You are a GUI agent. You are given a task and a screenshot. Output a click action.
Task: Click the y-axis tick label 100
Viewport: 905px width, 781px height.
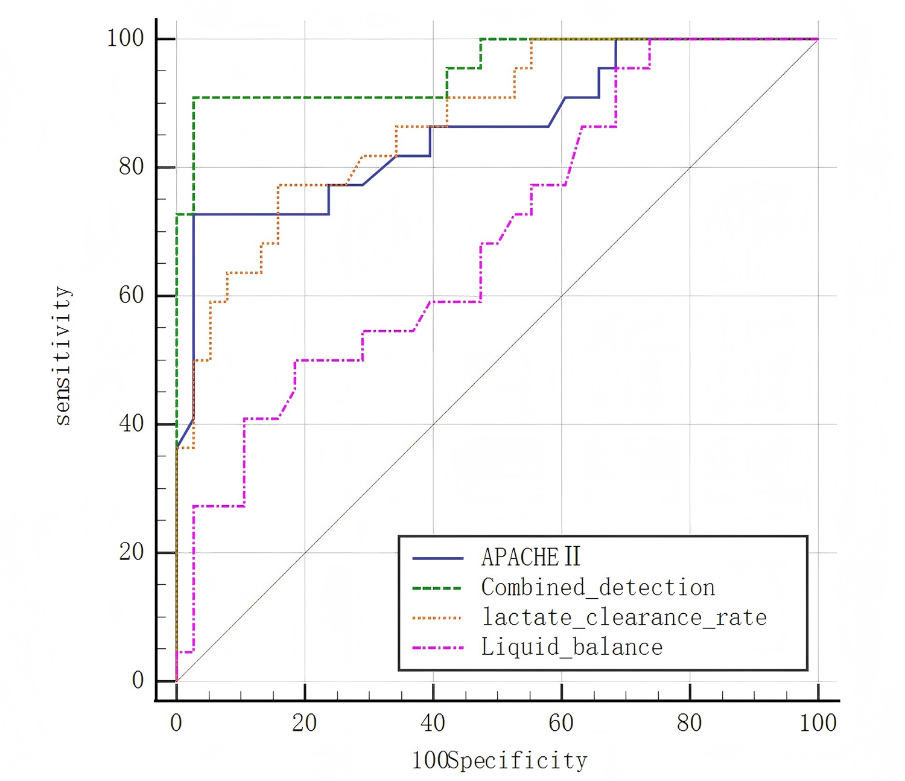pos(125,39)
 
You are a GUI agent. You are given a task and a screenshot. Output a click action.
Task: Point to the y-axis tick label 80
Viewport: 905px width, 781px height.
pos(132,167)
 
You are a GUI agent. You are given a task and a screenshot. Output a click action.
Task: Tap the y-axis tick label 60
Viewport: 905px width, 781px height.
pos(132,295)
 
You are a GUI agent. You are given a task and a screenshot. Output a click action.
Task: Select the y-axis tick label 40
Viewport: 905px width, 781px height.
pos(132,424)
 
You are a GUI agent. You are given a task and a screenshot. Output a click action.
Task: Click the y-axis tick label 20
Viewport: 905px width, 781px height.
pos(132,552)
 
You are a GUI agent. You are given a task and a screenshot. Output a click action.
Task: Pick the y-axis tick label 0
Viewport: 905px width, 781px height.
pos(138,680)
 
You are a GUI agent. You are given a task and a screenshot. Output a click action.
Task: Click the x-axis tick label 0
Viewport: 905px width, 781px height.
pos(176,723)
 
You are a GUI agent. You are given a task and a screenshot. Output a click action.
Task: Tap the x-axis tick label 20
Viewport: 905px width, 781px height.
pos(304,723)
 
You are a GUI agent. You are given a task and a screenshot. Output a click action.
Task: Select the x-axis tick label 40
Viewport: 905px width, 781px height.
pos(433,723)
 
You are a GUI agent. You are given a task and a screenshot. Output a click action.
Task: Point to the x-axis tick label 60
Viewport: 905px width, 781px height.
pos(561,723)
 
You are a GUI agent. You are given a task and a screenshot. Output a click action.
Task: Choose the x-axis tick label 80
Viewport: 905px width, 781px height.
pos(689,723)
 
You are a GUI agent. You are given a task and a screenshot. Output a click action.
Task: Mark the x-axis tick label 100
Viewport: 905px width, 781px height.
pos(818,723)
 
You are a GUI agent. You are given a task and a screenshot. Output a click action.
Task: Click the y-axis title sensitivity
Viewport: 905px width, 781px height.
pos(63,356)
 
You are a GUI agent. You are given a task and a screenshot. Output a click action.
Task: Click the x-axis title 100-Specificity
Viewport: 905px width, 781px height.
pos(500,760)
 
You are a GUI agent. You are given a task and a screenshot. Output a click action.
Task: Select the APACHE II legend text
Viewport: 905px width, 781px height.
pos(530,557)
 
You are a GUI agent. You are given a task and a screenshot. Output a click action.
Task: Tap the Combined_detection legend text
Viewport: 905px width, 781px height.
pos(598,587)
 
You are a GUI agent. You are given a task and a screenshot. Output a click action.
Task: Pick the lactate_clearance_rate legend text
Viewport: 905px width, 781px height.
pos(624,617)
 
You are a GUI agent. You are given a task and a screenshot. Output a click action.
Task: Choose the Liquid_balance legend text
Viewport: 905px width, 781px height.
pos(571,647)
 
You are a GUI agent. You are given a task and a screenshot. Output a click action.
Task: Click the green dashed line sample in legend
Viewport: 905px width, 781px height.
pos(437,588)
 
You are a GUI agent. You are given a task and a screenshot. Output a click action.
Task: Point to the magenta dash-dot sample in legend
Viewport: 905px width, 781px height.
pos(437,648)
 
